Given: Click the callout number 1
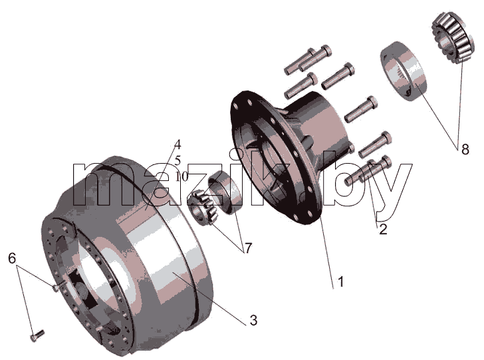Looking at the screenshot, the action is [341, 281].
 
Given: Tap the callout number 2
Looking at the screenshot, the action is [383, 230].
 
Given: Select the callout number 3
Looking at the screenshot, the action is [253, 320].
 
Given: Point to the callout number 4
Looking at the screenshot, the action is [177, 144].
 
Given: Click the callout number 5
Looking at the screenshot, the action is [178, 160].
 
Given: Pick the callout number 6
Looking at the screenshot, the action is [12, 258].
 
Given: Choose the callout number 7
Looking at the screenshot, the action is [248, 248].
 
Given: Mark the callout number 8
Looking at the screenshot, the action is [465, 150].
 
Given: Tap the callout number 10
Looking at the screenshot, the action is [181, 176].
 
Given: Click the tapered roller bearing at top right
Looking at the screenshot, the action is [452, 38].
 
